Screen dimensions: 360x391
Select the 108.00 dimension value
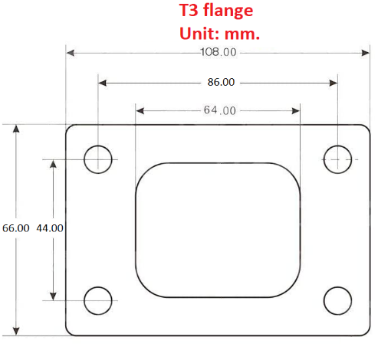[x=219, y=52]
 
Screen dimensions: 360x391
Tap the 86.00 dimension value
[x=219, y=82]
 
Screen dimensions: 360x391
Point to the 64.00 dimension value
[x=219, y=110]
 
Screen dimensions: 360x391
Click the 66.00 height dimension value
[x=15, y=228]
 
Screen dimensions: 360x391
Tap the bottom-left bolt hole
[x=98, y=300]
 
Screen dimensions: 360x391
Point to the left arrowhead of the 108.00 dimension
[x=71, y=53]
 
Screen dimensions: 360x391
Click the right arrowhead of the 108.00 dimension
[x=366, y=53]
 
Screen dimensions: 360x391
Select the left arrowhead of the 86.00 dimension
[x=103, y=82]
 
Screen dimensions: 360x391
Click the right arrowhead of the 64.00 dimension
[x=296, y=110]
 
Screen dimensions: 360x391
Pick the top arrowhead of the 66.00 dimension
[x=16, y=129]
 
